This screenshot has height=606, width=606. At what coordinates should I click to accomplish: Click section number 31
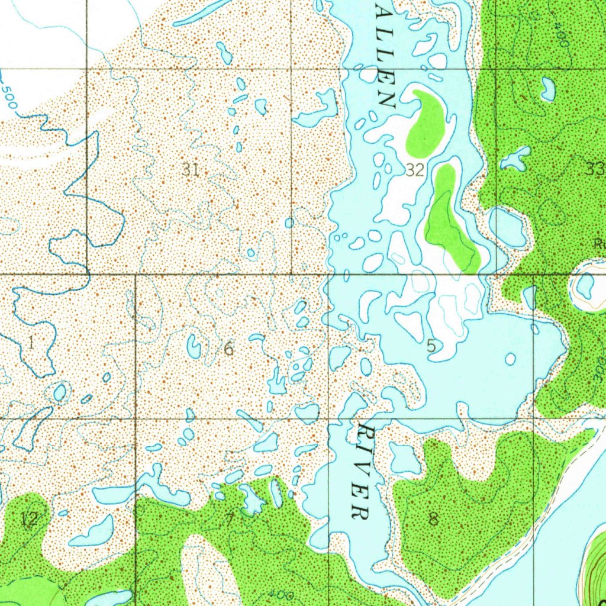point(190,170)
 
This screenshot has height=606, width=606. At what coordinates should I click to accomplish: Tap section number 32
point(415,170)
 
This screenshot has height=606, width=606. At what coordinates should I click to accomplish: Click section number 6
point(229,349)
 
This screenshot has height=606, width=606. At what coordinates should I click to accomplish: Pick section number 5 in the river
point(431,347)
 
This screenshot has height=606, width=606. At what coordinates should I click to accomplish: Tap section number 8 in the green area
point(434,520)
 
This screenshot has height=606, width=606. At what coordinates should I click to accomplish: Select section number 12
point(28,520)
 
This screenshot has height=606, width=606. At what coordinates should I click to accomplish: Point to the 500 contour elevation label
point(9,95)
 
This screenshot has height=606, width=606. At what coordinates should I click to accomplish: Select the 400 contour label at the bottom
point(278,594)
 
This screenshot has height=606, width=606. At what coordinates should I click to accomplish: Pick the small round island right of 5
point(510,359)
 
